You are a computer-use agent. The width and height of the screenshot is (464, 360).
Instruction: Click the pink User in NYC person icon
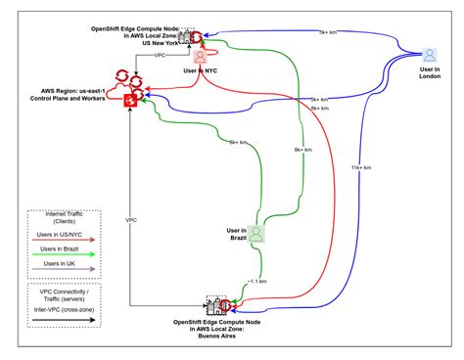tap(200, 57)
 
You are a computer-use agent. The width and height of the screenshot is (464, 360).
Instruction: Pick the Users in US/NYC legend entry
tap(64, 234)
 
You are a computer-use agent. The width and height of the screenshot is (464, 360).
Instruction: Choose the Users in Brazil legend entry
tap(64, 249)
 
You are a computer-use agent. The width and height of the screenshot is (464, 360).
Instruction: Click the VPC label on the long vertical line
tap(130, 221)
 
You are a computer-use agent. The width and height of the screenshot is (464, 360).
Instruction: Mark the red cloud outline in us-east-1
tap(127, 90)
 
